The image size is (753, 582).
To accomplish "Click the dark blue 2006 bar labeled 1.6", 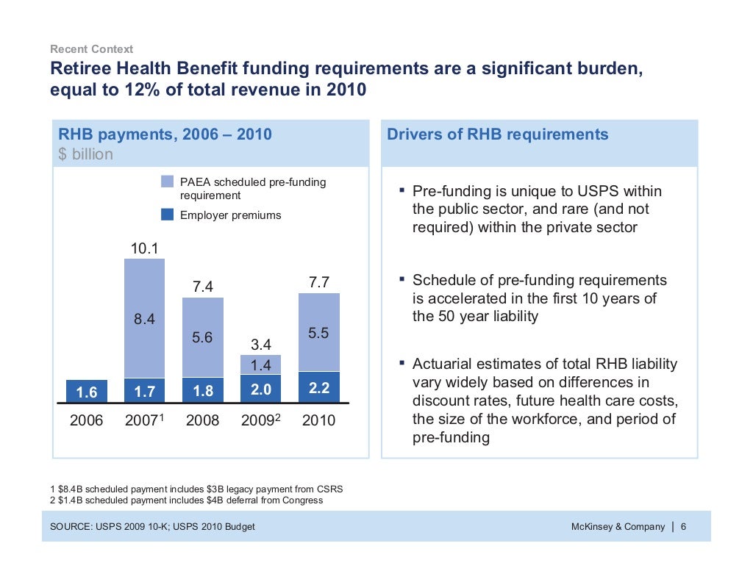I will [x=86, y=391].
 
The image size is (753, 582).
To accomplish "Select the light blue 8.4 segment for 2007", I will [x=144, y=318].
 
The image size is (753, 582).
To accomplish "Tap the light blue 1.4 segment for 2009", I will [x=260, y=364].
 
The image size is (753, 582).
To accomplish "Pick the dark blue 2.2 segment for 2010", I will [x=318, y=387].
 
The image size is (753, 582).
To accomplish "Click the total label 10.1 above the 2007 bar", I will [x=144, y=249].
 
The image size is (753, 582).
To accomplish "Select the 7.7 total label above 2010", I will [x=318, y=282].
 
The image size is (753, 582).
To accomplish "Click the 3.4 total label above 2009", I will [x=260, y=344].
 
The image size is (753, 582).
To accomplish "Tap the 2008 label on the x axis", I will [x=202, y=421].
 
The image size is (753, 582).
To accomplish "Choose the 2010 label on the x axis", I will [x=318, y=421].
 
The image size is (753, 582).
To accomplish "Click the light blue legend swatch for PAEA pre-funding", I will [x=168, y=182].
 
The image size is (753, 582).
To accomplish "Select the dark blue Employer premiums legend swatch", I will [x=168, y=215].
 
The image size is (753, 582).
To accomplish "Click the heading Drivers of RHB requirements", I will [x=497, y=134].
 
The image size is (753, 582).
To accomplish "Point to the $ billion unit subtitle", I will [x=86, y=154].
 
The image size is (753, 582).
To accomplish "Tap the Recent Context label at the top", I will [x=91, y=49].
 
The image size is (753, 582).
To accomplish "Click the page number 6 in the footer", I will [x=684, y=527].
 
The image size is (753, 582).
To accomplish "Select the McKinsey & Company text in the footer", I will [x=618, y=527].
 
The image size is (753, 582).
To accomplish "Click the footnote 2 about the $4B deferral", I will [x=186, y=500].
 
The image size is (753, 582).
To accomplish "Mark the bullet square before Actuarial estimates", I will [x=402, y=362].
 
